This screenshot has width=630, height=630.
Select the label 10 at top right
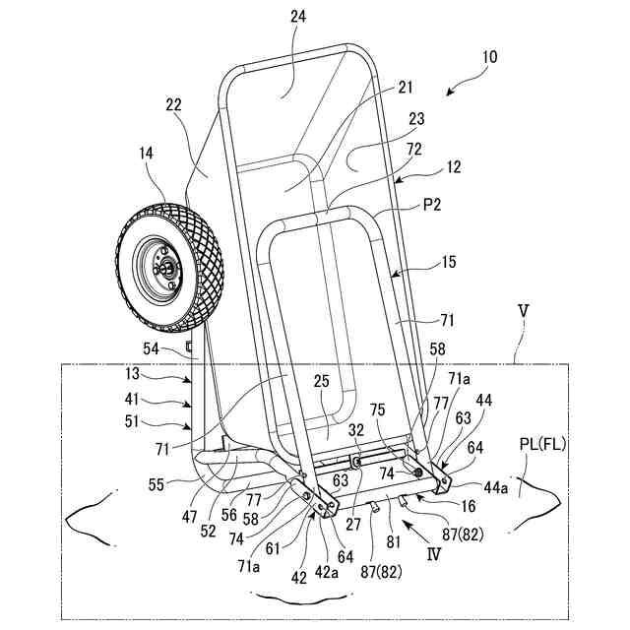coord(489,57)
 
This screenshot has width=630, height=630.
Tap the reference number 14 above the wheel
coord(146,154)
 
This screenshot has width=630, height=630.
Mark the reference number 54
coord(152,348)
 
